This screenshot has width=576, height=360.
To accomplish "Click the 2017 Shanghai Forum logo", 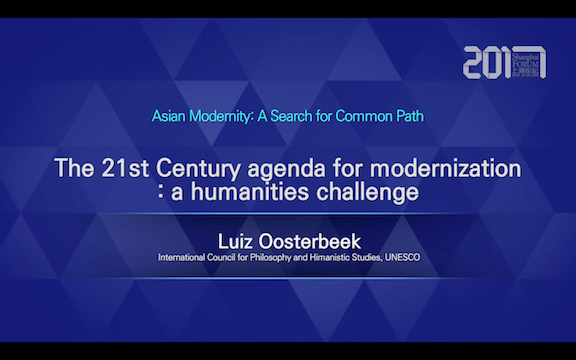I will (x=504, y=63).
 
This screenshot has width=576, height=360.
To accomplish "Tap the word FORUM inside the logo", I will (x=528, y=65).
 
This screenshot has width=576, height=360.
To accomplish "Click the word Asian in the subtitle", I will (x=170, y=116).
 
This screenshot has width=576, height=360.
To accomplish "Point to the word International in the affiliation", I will (x=183, y=258).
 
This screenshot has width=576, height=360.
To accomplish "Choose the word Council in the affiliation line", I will (x=225, y=258).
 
